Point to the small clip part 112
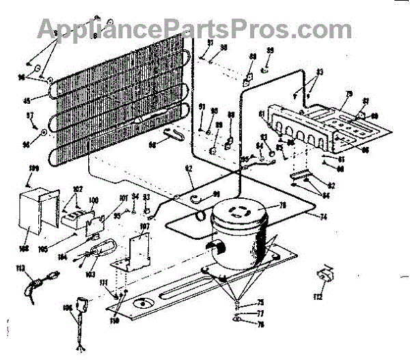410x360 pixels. coord(323,279)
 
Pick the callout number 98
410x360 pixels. coord(152,144)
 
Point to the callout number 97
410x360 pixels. coord(30,115)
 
